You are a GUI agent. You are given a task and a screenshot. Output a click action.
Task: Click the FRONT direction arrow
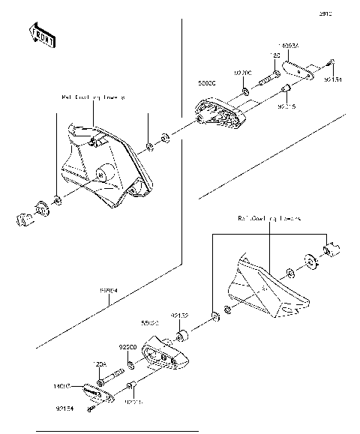[x=41, y=35]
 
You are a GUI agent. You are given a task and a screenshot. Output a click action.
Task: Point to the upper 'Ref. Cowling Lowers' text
[x=94, y=97]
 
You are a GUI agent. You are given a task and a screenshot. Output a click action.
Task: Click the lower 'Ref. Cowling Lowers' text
[x=269, y=220]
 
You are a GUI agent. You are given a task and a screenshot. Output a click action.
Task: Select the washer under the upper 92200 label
[x=246, y=93]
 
